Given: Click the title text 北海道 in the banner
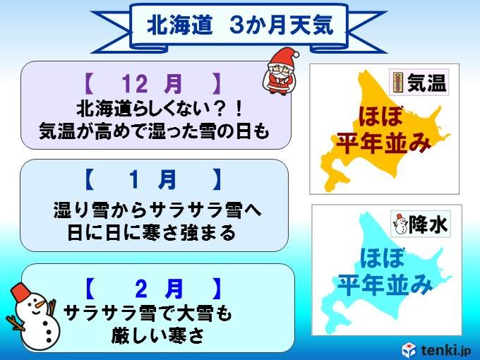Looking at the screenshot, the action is (x=180, y=25).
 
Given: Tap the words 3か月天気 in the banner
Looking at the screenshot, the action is (x=282, y=25).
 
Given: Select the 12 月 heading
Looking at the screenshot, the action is (x=152, y=83).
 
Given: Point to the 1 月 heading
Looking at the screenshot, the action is (x=152, y=180).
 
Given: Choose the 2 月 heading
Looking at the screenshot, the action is (x=152, y=289).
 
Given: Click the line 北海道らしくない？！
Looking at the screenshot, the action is (x=160, y=109).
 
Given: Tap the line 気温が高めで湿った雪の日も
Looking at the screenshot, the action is (x=155, y=131).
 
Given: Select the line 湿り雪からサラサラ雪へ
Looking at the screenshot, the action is (x=158, y=210).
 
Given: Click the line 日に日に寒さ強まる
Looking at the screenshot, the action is (x=152, y=233).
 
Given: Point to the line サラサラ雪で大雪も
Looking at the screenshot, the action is (x=148, y=313).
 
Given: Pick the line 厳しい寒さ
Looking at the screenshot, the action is (x=157, y=336).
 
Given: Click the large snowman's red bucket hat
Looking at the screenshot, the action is (x=21, y=291).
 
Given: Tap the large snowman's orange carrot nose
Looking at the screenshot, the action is (x=40, y=305).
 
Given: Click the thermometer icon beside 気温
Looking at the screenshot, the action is (x=397, y=83).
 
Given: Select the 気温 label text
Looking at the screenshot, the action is (x=426, y=83).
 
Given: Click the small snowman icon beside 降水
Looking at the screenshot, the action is (x=400, y=224).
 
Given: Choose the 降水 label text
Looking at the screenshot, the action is (x=428, y=224).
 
